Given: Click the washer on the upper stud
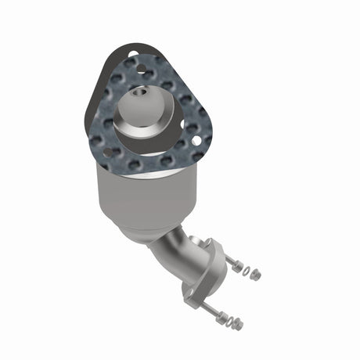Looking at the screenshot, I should (247, 271).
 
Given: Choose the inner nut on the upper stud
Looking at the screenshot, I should (236, 267).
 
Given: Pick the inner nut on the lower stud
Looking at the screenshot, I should (220, 317).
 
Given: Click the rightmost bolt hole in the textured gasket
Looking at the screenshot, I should (196, 141).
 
